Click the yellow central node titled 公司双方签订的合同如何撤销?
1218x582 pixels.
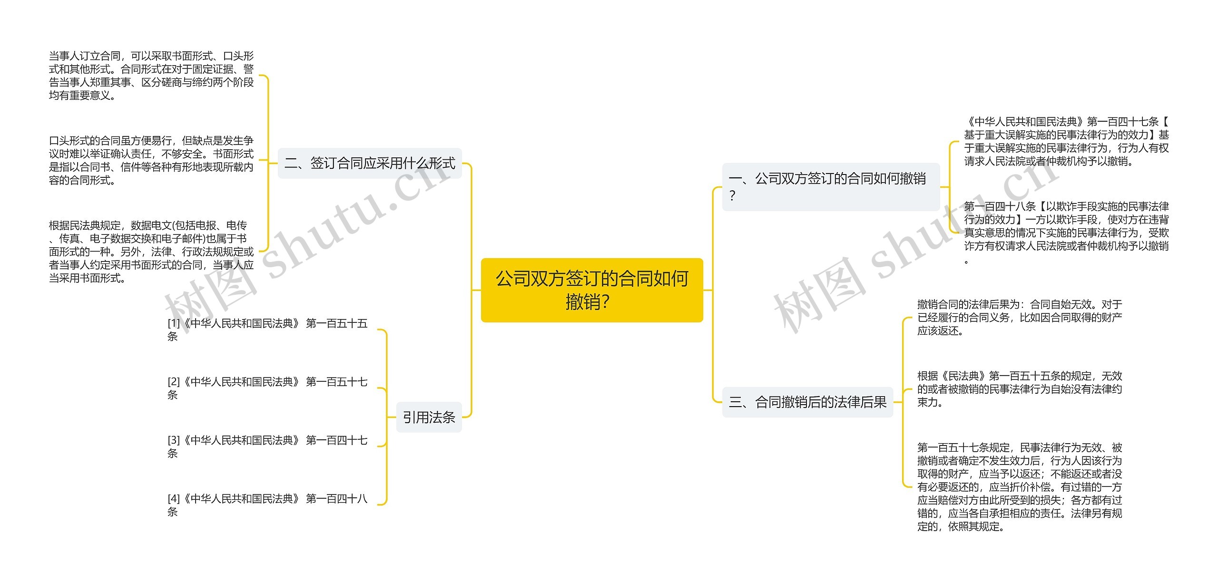pos(592,290)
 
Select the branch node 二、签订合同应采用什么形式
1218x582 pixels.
pos(370,163)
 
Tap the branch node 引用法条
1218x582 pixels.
pos(429,417)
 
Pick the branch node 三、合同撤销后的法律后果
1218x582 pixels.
pos(807,402)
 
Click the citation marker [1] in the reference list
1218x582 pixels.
pos(174,324)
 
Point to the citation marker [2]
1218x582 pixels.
pos(174,382)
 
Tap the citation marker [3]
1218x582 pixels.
pos(174,441)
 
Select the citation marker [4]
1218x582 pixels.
pos(174,499)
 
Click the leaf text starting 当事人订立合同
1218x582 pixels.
pos(151,76)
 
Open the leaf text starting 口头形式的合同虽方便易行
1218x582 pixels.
pos(151,160)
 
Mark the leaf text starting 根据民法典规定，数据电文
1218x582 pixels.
pos(151,252)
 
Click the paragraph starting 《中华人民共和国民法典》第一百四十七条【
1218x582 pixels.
pos(1066,141)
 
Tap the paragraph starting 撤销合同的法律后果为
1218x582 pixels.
pos(1020,317)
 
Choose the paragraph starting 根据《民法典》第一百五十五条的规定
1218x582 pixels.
pos(1020,389)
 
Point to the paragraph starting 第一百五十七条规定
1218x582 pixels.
pos(1020,487)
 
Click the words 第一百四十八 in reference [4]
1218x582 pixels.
pos(336,499)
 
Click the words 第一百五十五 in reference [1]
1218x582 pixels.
pos(336,324)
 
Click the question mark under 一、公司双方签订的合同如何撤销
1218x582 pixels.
pos(732,195)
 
